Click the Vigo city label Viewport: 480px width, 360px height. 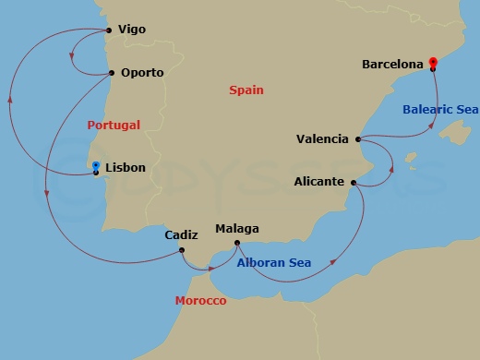[x=133, y=30]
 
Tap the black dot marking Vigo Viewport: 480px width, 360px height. [x=110, y=30]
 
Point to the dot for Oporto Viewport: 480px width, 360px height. [x=111, y=72]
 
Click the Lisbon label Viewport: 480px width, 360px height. [x=126, y=168]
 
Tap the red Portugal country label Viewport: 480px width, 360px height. [x=114, y=124]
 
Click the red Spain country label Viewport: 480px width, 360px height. [x=246, y=90]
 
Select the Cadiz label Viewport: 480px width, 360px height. [x=181, y=234]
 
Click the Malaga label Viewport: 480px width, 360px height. [x=236, y=229]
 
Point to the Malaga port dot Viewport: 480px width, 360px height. [x=238, y=243]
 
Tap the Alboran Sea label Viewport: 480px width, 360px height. [x=273, y=263]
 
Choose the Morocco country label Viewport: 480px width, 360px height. [x=200, y=301]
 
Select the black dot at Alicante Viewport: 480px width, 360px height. [x=354, y=183]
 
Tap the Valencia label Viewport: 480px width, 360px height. [x=322, y=139]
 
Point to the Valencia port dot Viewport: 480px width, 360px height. [x=356, y=139]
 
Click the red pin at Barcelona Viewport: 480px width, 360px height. [x=433, y=63]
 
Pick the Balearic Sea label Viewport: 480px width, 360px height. [x=440, y=110]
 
